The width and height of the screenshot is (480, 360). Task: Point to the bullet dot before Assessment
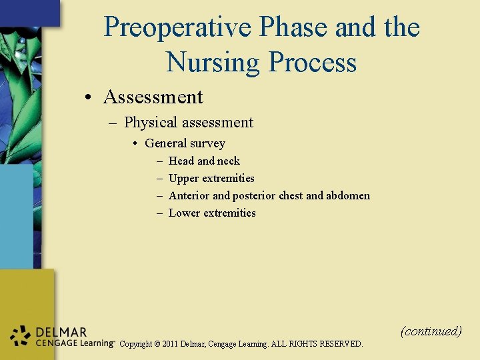(88, 98)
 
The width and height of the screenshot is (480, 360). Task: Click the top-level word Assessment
(153, 97)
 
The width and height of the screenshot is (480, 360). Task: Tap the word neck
(228, 161)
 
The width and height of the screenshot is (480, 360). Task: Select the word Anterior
(189, 195)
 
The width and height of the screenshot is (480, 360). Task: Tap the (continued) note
(431, 331)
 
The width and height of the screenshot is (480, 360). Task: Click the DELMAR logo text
(61, 332)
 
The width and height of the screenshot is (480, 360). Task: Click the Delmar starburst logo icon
(21, 337)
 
